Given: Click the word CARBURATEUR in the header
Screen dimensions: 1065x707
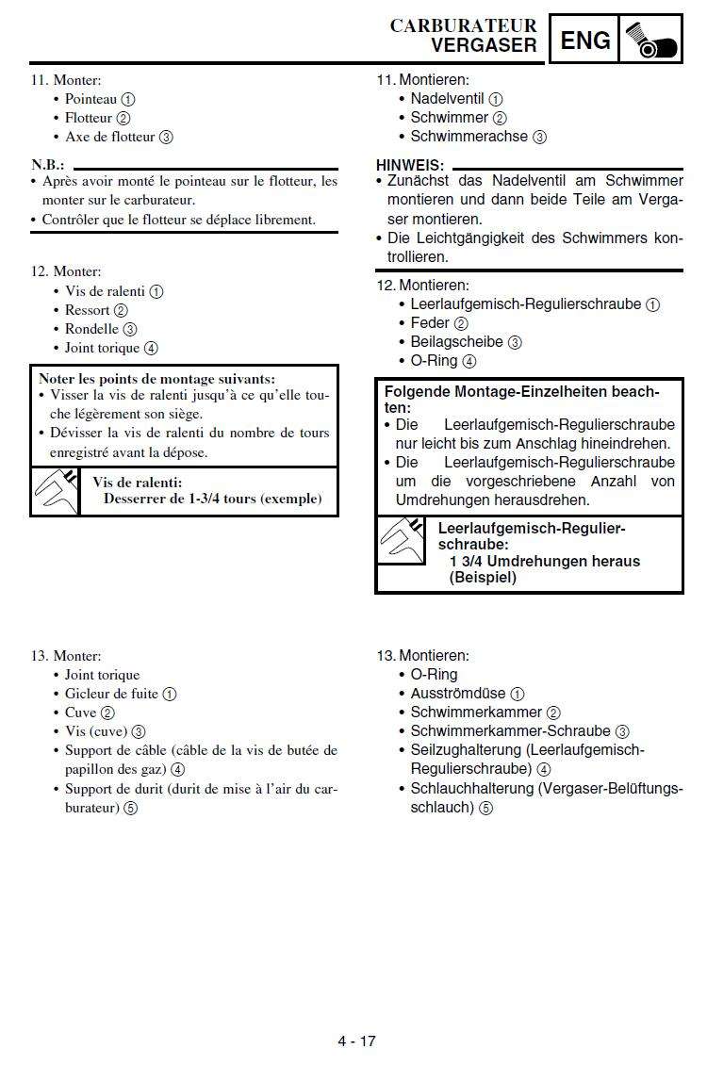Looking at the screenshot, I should (463, 25).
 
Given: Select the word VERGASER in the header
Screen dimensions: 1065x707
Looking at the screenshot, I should (484, 44).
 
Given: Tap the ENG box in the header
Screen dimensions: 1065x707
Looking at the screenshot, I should (585, 40).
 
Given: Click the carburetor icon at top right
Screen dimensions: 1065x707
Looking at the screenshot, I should (651, 40).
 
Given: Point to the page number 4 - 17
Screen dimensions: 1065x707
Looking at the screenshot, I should (357, 1041).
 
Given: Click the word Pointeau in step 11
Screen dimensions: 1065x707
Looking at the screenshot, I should (90, 99).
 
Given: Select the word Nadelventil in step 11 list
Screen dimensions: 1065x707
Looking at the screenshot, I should (447, 99).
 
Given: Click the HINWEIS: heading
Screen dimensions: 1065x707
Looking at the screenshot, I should (410, 165).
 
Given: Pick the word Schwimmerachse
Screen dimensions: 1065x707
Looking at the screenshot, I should (469, 137).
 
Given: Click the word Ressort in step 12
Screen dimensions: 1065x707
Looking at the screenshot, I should (87, 310).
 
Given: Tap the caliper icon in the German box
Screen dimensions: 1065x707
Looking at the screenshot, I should (401, 542).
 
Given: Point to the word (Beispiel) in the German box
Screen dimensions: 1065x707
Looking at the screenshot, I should (483, 578).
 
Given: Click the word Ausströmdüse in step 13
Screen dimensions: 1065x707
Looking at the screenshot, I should (458, 694).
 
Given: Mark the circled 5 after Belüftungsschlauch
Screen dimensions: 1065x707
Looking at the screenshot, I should (485, 808).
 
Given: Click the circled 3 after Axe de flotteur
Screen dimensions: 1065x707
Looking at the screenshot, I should (166, 137).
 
